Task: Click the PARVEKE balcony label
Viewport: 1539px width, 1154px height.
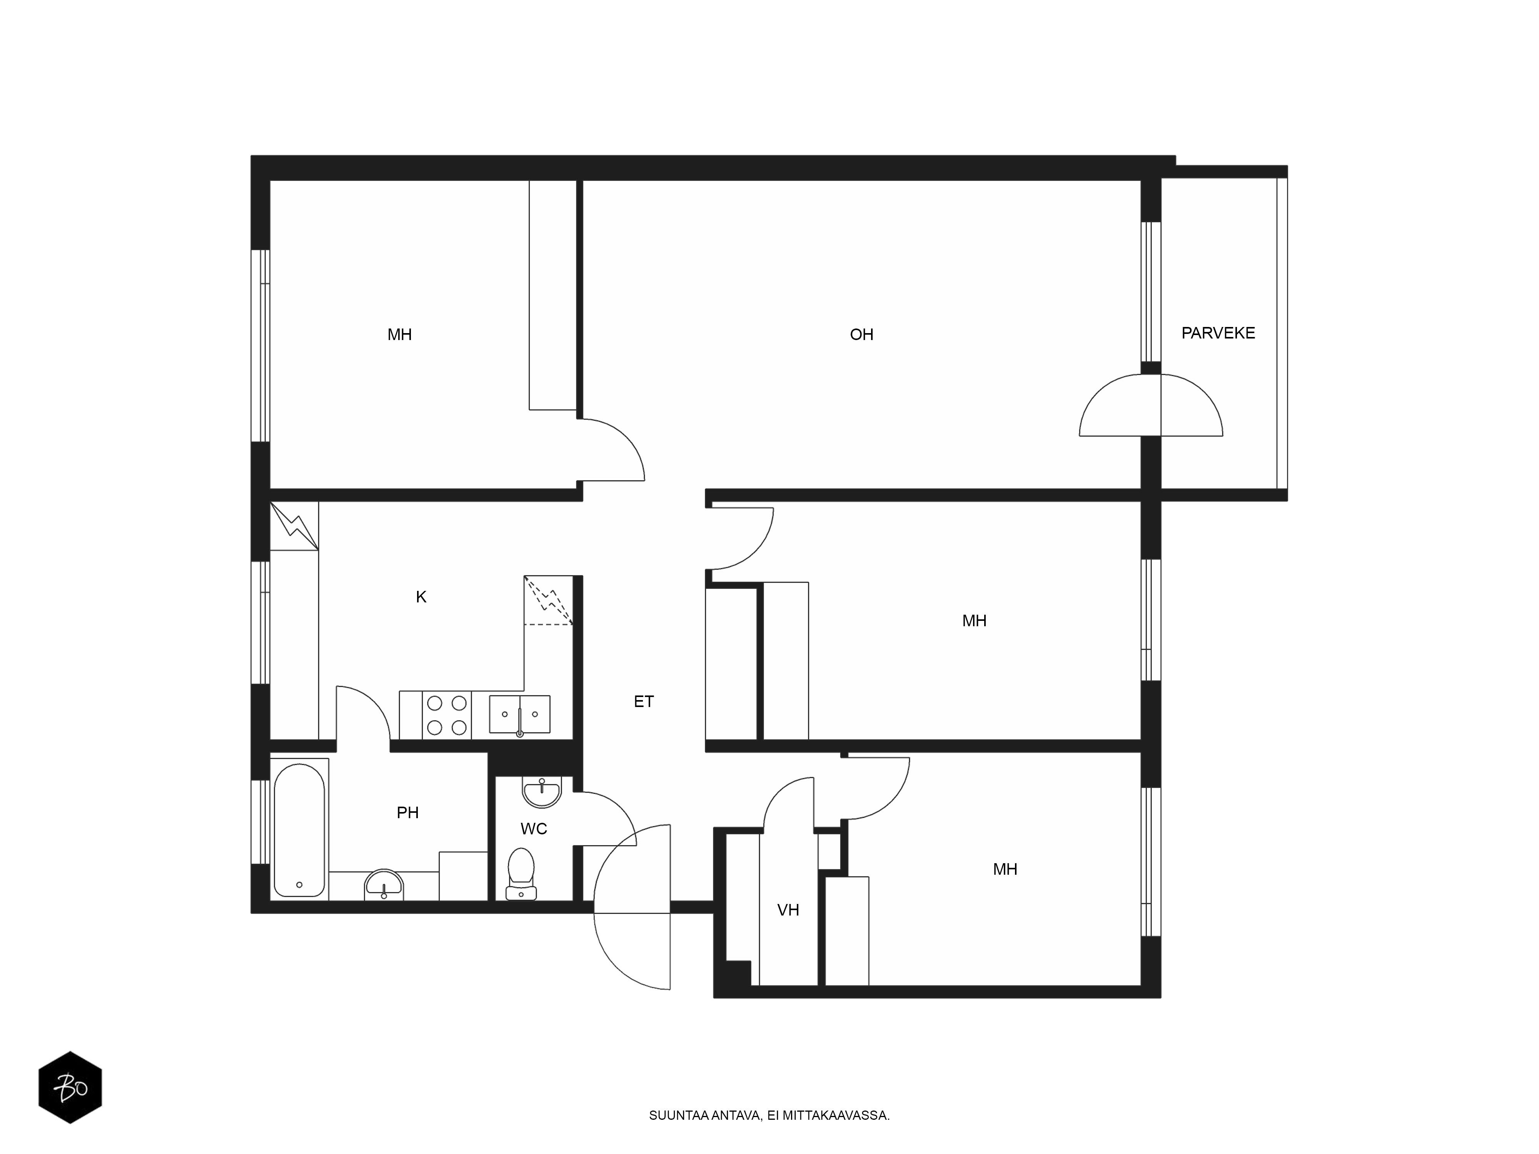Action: pos(1218,333)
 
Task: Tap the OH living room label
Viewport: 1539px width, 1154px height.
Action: pos(861,335)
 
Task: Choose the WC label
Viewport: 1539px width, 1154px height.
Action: pos(534,829)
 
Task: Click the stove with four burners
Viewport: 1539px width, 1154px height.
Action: pos(447,715)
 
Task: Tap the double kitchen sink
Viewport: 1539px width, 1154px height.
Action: pos(520,714)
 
